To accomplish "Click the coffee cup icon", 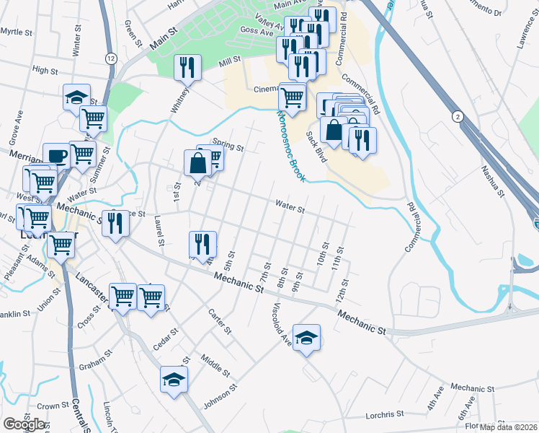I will (x=56, y=156).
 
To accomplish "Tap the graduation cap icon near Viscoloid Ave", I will (x=307, y=338).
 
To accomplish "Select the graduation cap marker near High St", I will (x=76, y=98).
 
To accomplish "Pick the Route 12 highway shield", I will (x=110, y=58).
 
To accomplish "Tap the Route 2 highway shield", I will (x=457, y=115).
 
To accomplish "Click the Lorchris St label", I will (x=384, y=414).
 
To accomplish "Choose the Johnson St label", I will (x=220, y=396).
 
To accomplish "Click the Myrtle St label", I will (x=17, y=32).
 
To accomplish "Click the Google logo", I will (x=23, y=424).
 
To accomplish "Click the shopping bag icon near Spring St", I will (x=197, y=162).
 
